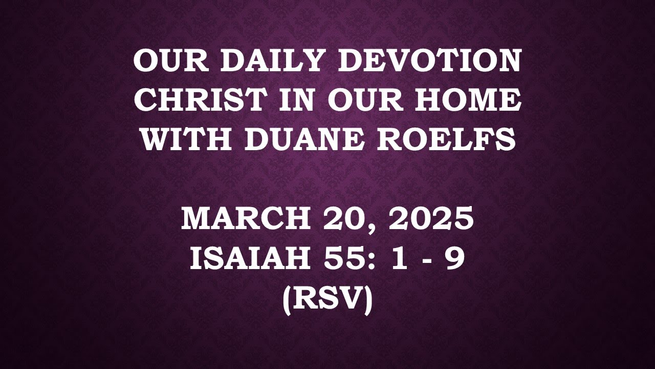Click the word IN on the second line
tap(296, 100)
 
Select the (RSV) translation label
tap(327, 299)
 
